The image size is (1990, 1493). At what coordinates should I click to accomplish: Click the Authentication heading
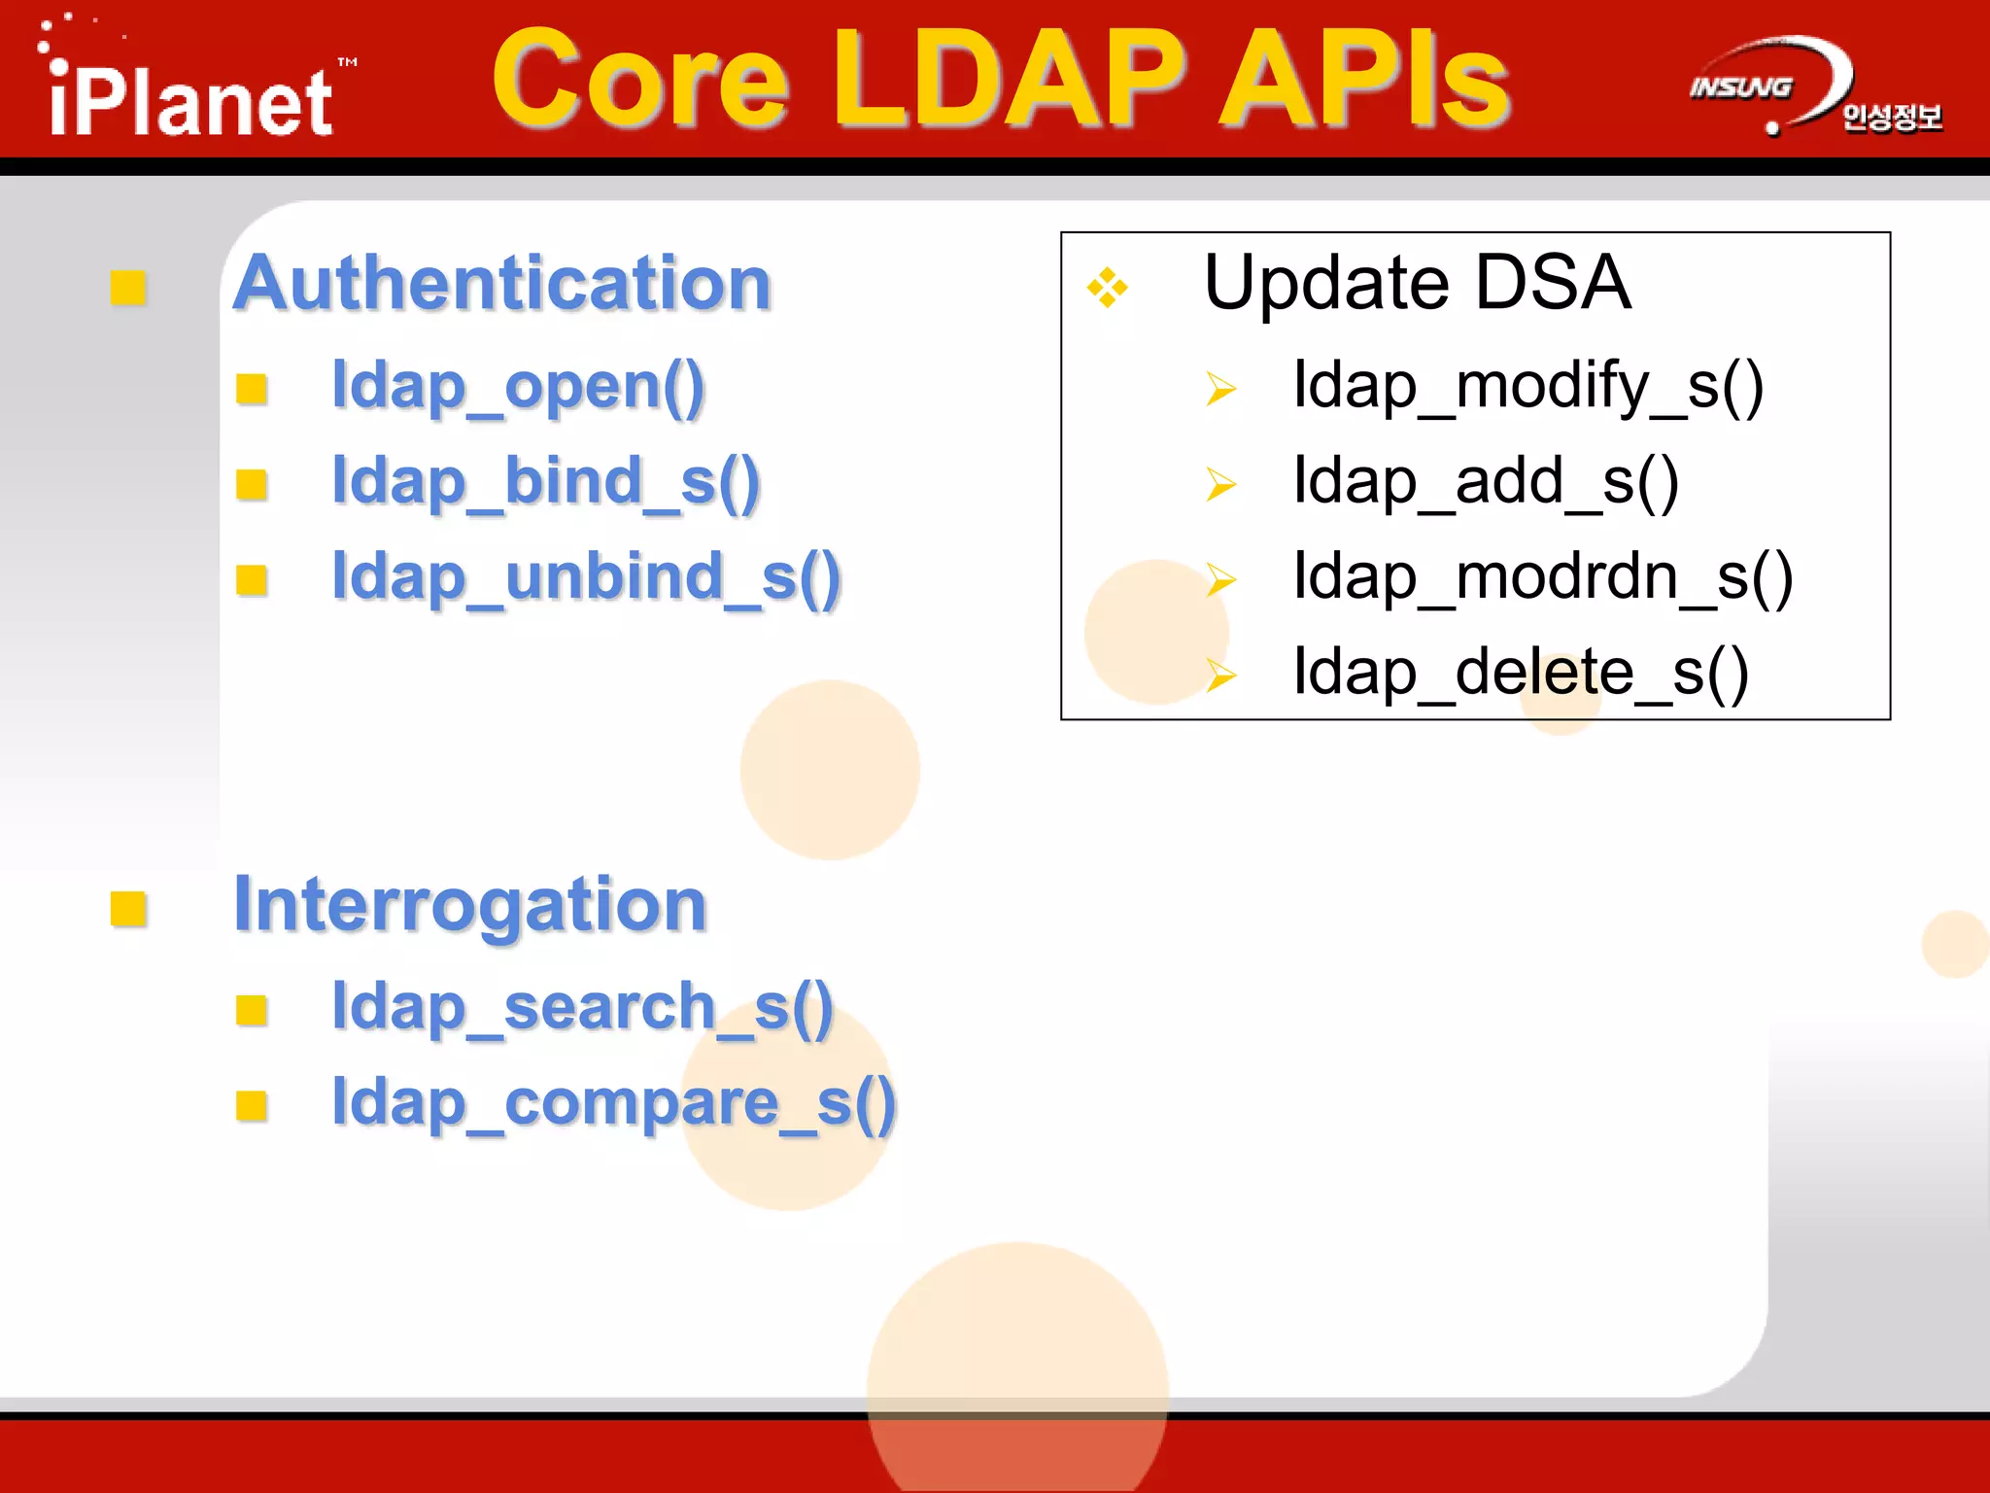(x=502, y=283)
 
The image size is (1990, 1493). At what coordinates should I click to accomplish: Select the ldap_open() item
(x=518, y=388)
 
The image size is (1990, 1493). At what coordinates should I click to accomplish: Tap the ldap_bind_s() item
(x=545, y=483)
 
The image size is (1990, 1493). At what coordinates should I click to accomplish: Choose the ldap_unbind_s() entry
(x=586, y=578)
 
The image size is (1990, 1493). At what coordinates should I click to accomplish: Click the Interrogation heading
(x=470, y=905)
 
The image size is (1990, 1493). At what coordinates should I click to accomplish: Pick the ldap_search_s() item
(x=582, y=1007)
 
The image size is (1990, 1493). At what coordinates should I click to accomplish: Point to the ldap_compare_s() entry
(x=613, y=1103)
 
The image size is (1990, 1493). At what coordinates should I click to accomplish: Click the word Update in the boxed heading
(x=1327, y=284)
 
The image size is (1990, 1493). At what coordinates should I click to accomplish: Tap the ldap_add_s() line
(x=1485, y=483)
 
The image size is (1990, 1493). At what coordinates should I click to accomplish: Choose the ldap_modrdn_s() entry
(x=1542, y=578)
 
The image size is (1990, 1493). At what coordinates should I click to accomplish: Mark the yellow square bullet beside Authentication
(x=128, y=288)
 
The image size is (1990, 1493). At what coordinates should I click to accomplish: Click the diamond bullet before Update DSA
(x=1107, y=288)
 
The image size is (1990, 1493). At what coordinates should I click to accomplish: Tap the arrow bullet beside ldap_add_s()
(x=1220, y=483)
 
